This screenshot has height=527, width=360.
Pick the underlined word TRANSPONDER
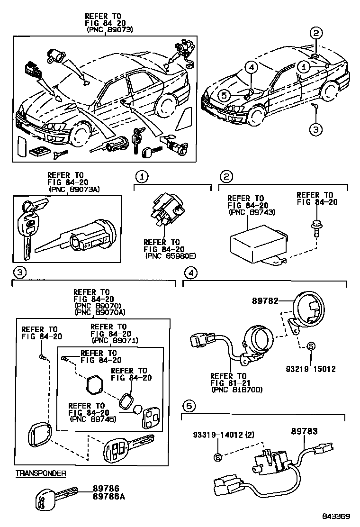(x=41, y=472)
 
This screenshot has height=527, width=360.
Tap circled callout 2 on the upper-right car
(x=316, y=33)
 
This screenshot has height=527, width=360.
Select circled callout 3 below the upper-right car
(x=316, y=128)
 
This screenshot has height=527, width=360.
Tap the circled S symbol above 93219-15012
(x=309, y=346)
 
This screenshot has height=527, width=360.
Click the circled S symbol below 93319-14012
(x=218, y=457)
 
